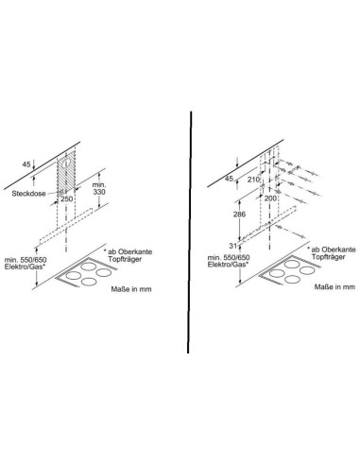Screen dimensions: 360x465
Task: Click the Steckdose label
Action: click(x=28, y=194)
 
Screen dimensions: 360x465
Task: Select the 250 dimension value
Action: click(x=66, y=199)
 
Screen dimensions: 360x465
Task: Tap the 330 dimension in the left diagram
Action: click(x=99, y=192)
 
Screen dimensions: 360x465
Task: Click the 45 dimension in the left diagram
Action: click(x=26, y=164)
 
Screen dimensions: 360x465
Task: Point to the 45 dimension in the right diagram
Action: click(x=230, y=179)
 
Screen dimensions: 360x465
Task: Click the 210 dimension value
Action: click(x=254, y=180)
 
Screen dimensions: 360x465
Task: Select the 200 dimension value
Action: click(x=270, y=198)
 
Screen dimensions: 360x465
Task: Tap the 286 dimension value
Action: click(x=239, y=215)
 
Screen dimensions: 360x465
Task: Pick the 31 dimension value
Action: click(x=232, y=246)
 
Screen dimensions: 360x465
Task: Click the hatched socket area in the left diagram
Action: click(x=66, y=172)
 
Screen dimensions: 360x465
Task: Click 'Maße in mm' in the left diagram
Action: click(x=131, y=289)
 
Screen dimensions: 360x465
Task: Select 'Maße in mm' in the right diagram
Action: click(x=334, y=287)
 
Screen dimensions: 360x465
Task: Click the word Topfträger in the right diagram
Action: click(x=329, y=257)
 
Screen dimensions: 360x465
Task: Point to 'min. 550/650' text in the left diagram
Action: click(x=26, y=260)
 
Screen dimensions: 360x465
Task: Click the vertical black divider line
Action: click(x=190, y=232)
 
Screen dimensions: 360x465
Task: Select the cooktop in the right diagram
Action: click(x=290, y=270)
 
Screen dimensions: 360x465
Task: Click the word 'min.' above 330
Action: click(x=99, y=185)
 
